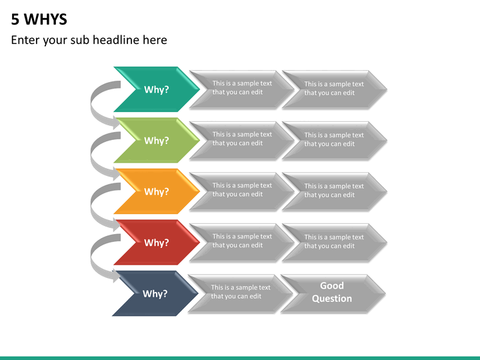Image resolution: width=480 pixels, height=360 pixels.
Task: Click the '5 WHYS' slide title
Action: tap(39, 19)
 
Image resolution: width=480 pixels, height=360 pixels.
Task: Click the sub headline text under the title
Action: tap(89, 40)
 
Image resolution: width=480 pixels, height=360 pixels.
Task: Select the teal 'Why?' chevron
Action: tap(157, 89)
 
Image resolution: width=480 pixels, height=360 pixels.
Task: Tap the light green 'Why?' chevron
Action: tap(157, 140)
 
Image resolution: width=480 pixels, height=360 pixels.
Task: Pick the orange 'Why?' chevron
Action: tap(157, 191)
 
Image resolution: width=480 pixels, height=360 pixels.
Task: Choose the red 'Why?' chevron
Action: tap(157, 243)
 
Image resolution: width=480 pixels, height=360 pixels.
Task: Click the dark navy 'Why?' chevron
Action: tap(155, 293)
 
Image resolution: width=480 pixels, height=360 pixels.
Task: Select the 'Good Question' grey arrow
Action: tap(333, 293)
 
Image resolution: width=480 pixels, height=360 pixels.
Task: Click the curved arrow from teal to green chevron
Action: tap(92, 104)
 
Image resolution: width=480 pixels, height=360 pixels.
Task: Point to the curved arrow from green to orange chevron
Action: tap(92, 155)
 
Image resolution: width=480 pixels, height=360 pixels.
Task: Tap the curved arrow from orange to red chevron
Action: tap(92, 206)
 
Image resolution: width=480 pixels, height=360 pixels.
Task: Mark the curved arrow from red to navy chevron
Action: tap(92, 257)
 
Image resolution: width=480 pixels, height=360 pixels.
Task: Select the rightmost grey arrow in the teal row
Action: tap(335, 89)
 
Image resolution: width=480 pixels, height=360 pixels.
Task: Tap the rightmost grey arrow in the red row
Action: tap(335, 243)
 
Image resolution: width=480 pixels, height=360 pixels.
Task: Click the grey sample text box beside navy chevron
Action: tap(240, 293)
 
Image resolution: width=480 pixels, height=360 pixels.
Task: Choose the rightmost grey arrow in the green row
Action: tap(335, 141)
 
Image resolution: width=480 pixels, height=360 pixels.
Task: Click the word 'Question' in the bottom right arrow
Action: tap(332, 299)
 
